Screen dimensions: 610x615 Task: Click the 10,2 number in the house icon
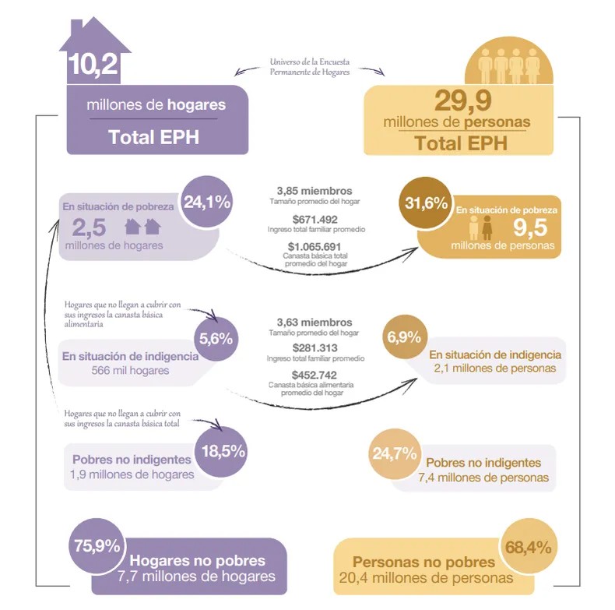click(x=93, y=65)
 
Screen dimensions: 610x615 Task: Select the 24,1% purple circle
click(x=207, y=202)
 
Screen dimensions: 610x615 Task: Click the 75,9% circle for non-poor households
click(x=95, y=545)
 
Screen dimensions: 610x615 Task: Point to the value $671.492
click(x=315, y=219)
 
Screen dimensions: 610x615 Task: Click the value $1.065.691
click(x=315, y=246)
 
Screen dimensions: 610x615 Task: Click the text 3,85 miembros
click(x=315, y=191)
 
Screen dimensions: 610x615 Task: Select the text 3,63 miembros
click(x=315, y=322)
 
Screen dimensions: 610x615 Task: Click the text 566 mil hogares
click(x=130, y=370)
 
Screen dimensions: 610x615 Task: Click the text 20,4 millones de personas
click(x=426, y=578)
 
